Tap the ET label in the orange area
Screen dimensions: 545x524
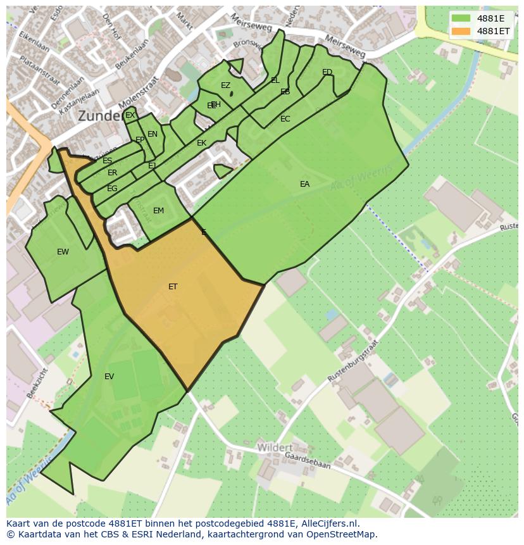point(173,287)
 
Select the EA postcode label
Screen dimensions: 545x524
point(305,184)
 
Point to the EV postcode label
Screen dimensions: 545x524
point(109,377)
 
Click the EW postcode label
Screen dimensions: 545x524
point(63,252)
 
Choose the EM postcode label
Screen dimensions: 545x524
point(158,211)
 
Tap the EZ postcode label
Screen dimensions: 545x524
point(225,85)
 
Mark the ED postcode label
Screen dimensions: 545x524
point(327,72)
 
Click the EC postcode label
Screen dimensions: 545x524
point(285,119)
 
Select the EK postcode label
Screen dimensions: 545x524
point(202,143)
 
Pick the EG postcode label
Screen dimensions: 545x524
point(112,189)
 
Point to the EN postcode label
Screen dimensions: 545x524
point(153,134)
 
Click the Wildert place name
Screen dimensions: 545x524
point(275,448)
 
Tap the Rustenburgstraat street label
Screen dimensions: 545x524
point(354,360)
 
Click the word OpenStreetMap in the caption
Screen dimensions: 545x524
point(337,534)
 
